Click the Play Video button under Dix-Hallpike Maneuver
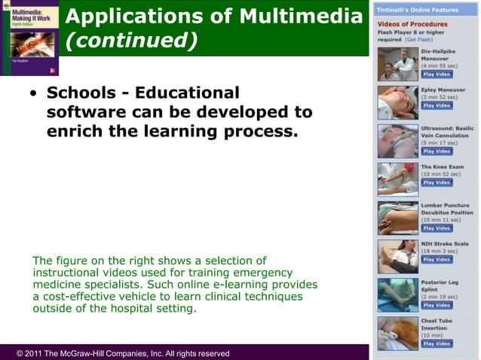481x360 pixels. click(437, 75)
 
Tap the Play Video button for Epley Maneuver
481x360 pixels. click(437, 105)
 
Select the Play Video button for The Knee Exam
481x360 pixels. click(437, 182)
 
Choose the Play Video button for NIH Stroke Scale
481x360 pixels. click(437, 260)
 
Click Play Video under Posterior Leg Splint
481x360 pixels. click(437, 305)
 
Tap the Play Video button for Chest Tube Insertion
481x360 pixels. click(437, 343)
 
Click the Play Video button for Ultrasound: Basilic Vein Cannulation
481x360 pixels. click(437, 151)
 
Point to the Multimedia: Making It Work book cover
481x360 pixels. click(29, 38)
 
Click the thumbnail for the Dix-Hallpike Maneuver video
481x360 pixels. click(397, 66)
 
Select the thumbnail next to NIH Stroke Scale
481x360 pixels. click(397, 256)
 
